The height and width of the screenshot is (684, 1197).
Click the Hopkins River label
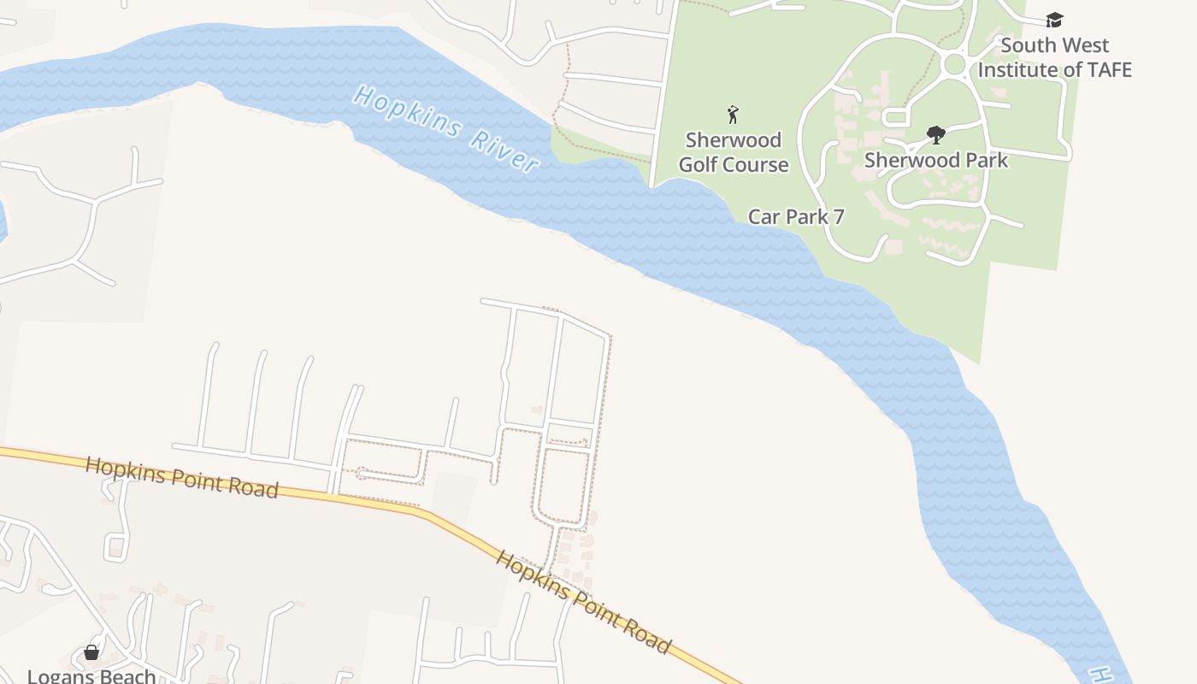click(x=445, y=129)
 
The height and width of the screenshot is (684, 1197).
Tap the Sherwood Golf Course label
click(x=734, y=152)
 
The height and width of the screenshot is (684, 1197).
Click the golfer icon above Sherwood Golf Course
click(x=733, y=115)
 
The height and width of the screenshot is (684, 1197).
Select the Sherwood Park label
click(x=936, y=160)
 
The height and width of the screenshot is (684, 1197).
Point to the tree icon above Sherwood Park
click(x=936, y=134)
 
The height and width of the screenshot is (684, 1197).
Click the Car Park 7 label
click(x=796, y=216)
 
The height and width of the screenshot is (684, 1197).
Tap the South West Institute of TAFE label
click(x=1055, y=57)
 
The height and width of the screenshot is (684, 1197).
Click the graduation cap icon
click(x=1055, y=20)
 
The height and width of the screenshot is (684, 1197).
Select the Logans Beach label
click(x=91, y=675)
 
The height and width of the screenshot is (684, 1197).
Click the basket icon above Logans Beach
click(x=91, y=653)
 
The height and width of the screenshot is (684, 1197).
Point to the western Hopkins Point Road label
click(x=181, y=476)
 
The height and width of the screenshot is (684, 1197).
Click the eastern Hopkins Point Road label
click(x=583, y=602)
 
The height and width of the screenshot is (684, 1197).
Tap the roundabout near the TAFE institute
click(x=954, y=64)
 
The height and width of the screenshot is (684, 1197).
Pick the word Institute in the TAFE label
click(x=1018, y=69)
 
